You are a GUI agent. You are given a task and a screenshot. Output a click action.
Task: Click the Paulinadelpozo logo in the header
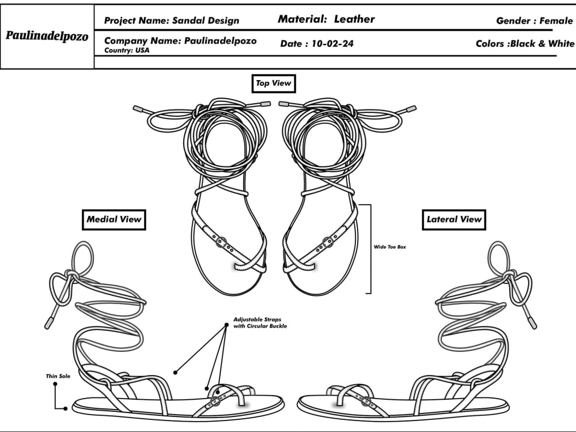(x=47, y=36)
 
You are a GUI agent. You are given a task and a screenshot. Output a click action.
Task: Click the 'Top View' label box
(x=274, y=84)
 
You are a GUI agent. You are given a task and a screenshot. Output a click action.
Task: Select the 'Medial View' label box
(x=114, y=219)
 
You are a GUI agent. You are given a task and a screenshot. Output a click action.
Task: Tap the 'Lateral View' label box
(x=454, y=219)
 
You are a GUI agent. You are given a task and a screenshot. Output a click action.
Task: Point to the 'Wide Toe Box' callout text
(x=390, y=247)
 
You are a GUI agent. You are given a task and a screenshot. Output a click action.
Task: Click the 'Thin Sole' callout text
(x=58, y=376)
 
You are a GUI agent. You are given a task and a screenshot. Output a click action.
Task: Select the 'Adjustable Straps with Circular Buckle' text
(x=260, y=323)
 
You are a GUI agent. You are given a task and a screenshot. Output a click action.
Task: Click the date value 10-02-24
(x=332, y=44)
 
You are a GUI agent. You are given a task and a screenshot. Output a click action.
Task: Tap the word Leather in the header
(x=354, y=19)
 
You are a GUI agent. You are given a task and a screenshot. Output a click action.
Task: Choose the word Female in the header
(x=556, y=21)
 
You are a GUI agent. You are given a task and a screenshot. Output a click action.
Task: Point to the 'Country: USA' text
(x=127, y=50)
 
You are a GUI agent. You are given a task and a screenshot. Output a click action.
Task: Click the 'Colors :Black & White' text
(x=525, y=44)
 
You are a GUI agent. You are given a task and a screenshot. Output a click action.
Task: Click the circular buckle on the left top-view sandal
(x=221, y=241)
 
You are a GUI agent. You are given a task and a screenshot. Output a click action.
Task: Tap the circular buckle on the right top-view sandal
(x=328, y=242)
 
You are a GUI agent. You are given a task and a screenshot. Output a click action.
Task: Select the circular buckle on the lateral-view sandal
(x=366, y=401)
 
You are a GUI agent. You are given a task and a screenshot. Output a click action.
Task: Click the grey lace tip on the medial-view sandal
(x=49, y=322)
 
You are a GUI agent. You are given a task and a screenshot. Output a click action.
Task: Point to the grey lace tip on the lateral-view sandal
(x=533, y=322)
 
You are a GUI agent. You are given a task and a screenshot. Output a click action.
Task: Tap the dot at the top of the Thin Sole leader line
(x=55, y=384)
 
